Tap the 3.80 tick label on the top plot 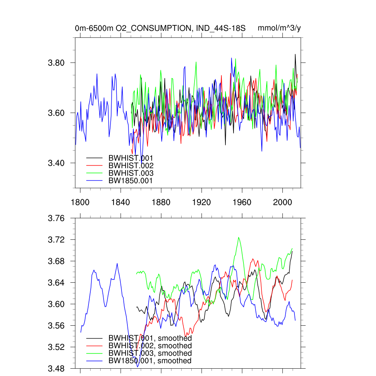point(56,63)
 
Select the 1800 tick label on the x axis point(80,202)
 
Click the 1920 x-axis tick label point(202,202)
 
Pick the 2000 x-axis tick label point(282,202)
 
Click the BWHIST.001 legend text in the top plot point(131,158)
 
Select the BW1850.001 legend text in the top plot point(130,181)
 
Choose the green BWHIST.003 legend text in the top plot point(131,173)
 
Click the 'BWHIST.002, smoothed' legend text point(150,346)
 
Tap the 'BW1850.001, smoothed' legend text point(150,361)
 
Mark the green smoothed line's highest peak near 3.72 point(239,237)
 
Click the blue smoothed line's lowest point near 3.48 point(138,366)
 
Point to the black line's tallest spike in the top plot point(295,54)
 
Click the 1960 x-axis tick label point(242,202)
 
